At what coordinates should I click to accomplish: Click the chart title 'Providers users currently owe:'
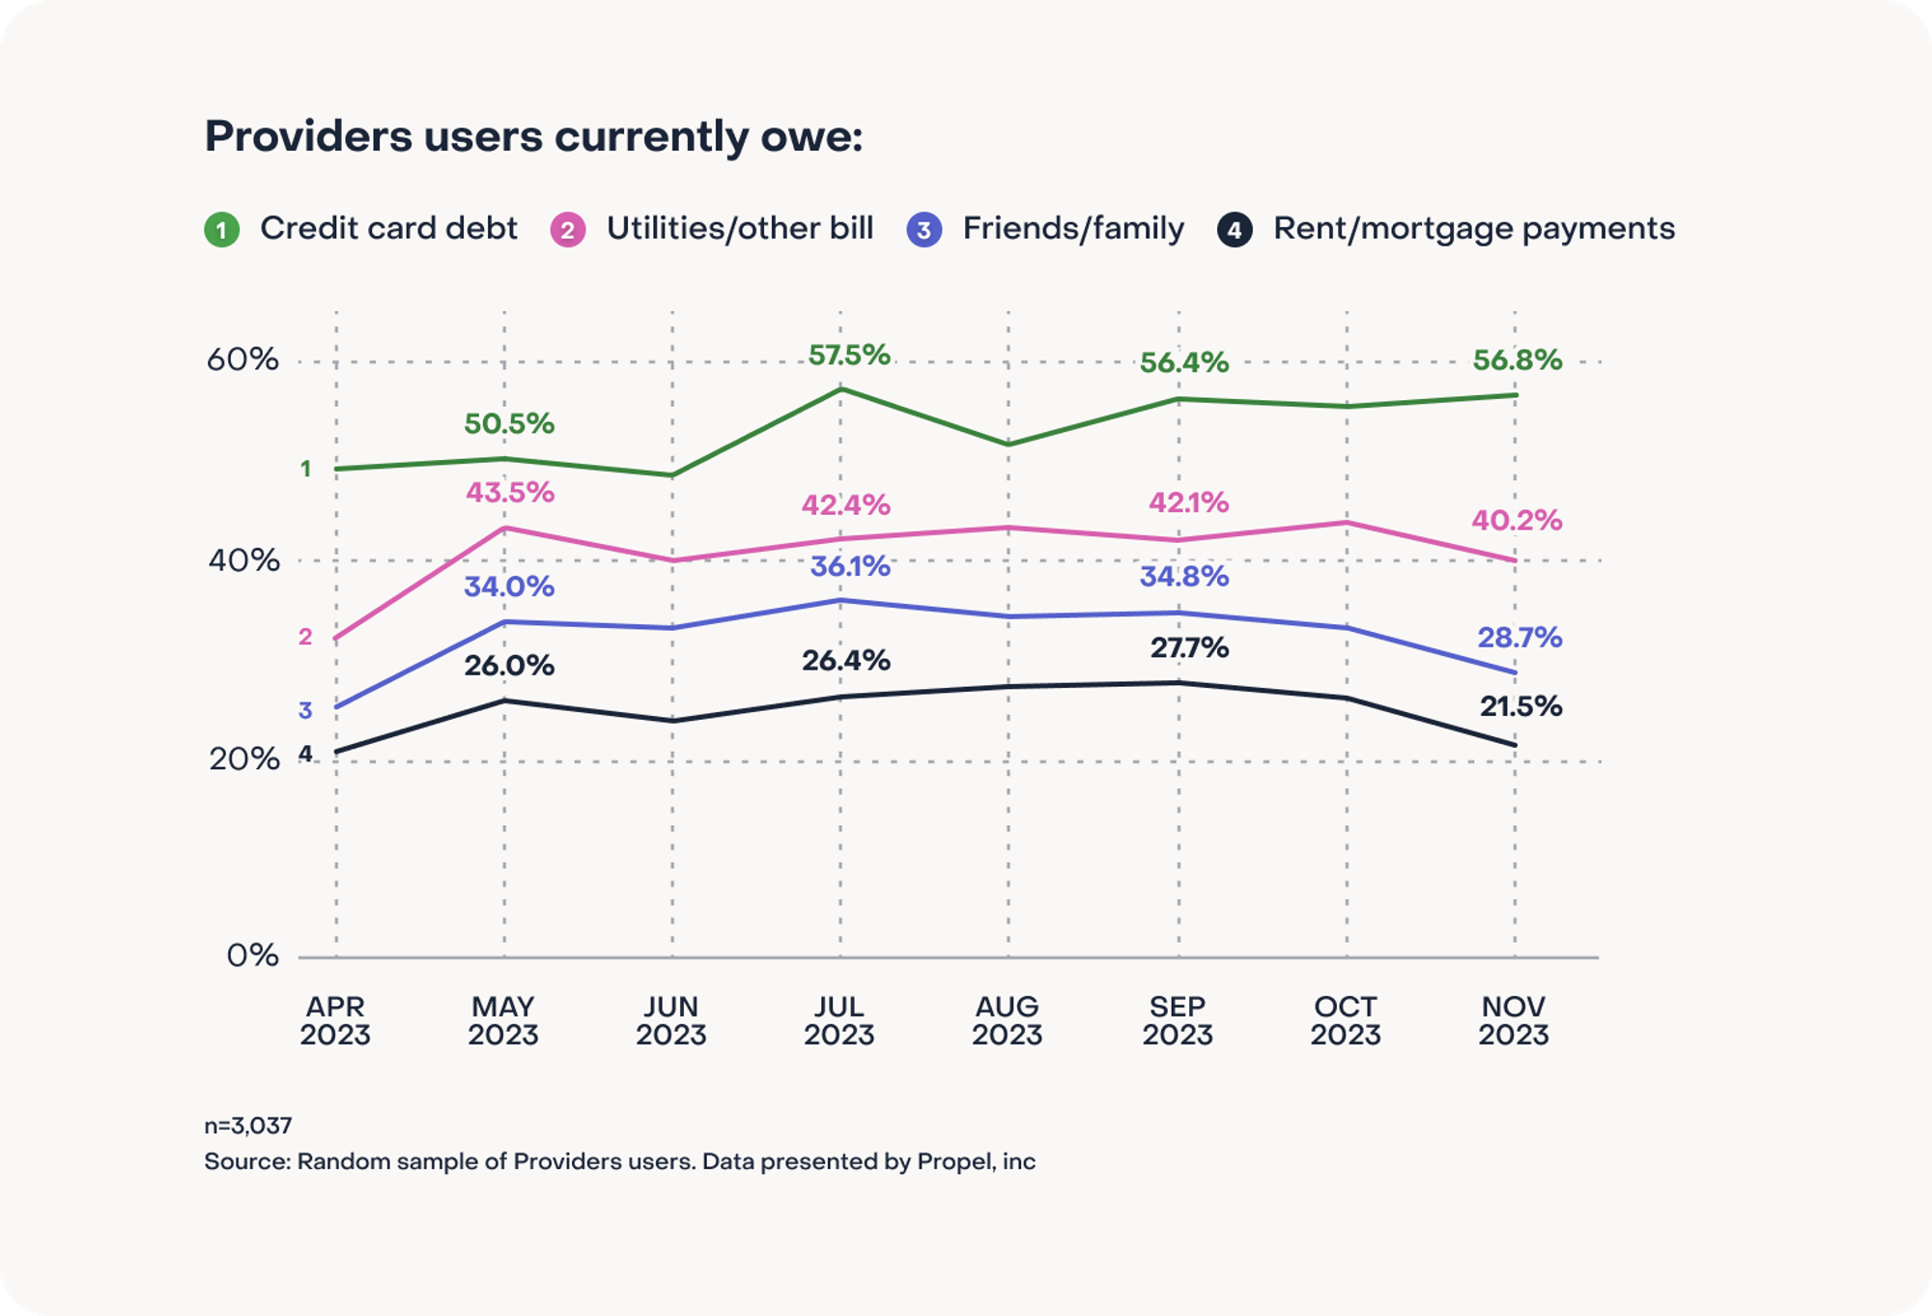coord(533,136)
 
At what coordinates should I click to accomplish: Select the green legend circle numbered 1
coord(221,230)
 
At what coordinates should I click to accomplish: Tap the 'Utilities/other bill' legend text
coord(739,229)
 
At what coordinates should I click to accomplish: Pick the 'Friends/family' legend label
coord(1072,229)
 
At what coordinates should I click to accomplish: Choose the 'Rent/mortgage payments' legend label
coord(1473,229)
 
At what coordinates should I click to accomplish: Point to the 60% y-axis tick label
coord(241,360)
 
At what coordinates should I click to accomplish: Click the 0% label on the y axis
coord(252,956)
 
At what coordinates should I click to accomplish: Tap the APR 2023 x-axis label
coord(335,1020)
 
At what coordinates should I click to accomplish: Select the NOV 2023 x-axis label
coord(1513,1020)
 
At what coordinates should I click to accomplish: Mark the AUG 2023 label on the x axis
coord(1007,1020)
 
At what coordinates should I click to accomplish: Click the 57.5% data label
coord(848,356)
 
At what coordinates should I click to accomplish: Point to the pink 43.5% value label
coord(509,493)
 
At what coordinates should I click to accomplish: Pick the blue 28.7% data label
coord(1519,638)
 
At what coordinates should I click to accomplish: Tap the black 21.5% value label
coord(1520,706)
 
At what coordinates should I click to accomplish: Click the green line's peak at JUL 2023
coord(840,388)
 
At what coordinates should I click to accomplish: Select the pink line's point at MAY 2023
coord(504,528)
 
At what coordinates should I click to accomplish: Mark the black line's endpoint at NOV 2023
coord(1514,745)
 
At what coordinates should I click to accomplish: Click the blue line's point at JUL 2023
coord(840,600)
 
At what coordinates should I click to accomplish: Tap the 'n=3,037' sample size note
coord(247,1126)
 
